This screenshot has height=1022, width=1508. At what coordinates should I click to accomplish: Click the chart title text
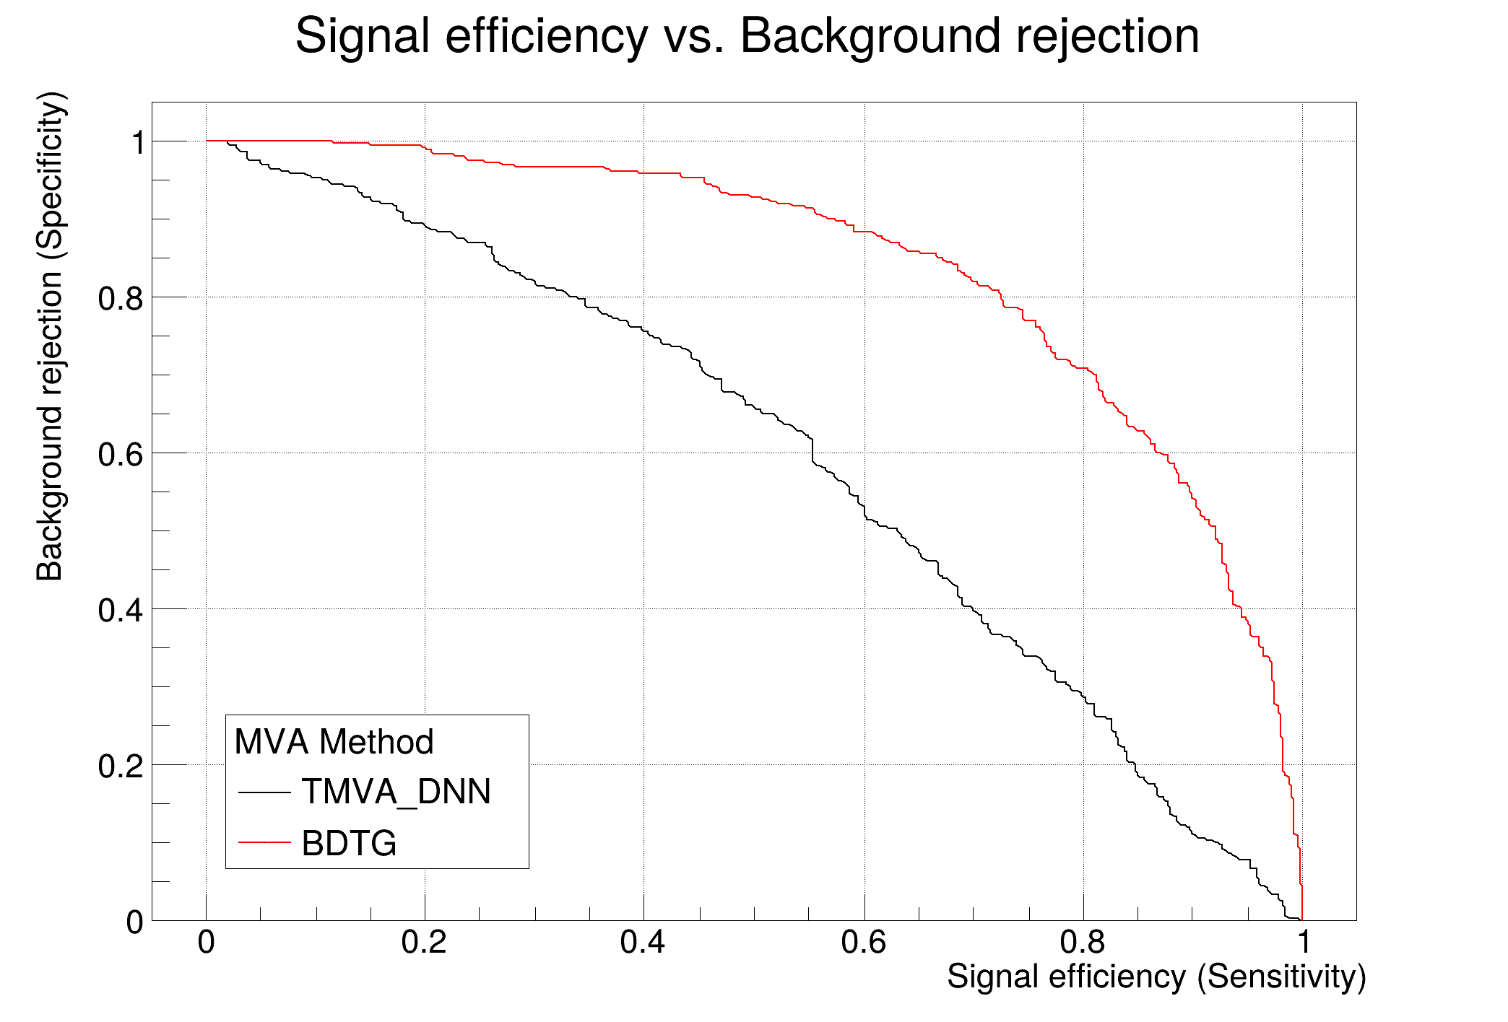point(747,36)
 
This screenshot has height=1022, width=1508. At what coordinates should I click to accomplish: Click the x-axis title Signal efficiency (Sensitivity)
point(1156,977)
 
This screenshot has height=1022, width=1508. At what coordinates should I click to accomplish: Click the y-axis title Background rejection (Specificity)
point(51,336)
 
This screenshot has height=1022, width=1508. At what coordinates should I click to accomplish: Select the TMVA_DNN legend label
point(396,792)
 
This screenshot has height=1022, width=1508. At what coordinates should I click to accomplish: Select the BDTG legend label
point(349,843)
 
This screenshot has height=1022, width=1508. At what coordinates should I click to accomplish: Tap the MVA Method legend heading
point(334,742)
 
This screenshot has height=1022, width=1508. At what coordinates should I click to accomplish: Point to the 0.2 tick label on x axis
point(424,943)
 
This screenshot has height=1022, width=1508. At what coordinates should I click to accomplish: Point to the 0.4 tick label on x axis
point(643,943)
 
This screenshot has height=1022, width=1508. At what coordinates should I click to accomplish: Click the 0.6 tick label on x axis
point(864,943)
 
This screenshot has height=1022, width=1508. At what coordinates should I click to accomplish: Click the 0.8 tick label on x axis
point(1083,943)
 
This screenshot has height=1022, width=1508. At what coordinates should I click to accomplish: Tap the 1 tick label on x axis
point(1303,943)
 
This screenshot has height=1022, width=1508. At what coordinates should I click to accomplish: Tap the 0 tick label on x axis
point(207,943)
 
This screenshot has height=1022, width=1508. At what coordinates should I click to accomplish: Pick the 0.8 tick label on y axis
point(120,298)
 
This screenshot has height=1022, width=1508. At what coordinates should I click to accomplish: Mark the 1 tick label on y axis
point(137,143)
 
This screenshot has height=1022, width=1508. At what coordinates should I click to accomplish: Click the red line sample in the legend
point(264,842)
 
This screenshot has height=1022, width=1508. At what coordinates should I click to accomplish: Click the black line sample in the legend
point(264,792)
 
